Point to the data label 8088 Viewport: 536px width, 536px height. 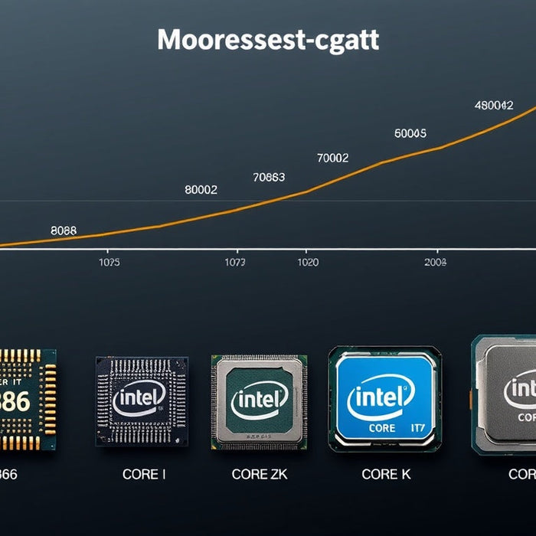point(64,230)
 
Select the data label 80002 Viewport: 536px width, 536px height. point(201,190)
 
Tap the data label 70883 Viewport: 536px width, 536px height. point(269,178)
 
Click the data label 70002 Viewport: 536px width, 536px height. point(332,159)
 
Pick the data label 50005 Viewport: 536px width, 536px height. point(410,133)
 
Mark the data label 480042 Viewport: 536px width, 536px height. point(494,106)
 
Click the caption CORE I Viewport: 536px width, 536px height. point(144,475)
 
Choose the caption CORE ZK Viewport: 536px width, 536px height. point(259,475)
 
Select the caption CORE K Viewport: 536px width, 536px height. point(386,475)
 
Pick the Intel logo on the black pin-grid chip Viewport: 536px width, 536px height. point(139,398)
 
